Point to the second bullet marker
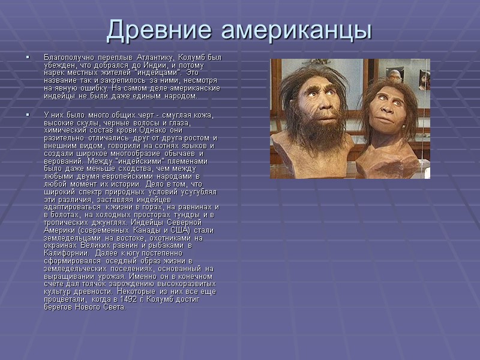(x=28, y=115)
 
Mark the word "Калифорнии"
(x=67, y=253)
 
